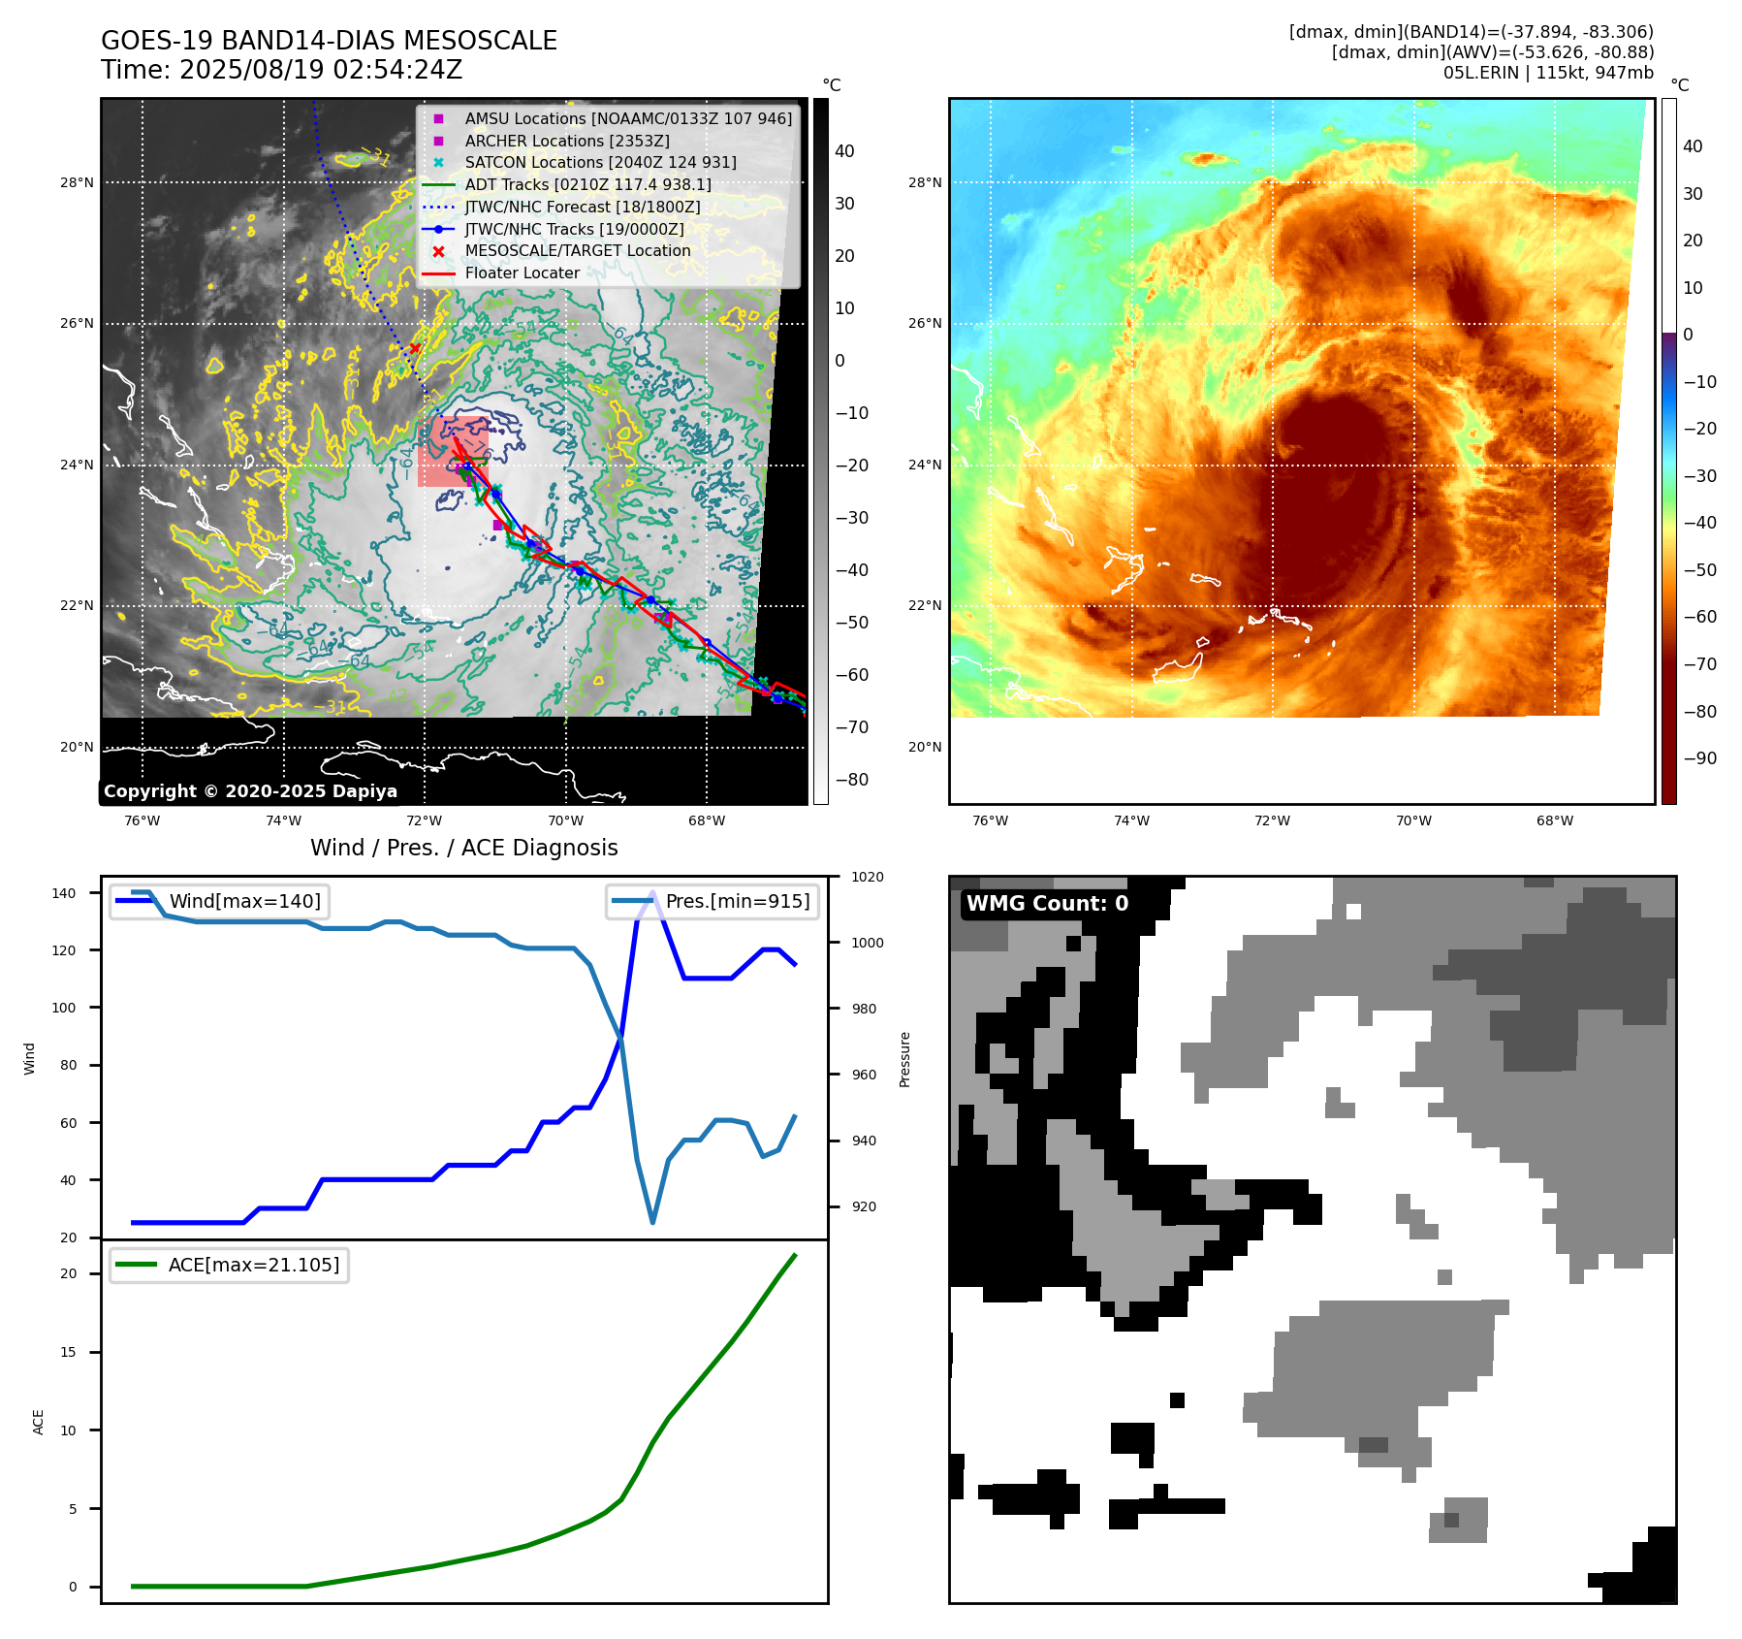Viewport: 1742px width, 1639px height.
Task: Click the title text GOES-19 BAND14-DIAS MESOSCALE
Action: [x=329, y=41]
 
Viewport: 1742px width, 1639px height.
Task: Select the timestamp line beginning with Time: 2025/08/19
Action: [x=281, y=70]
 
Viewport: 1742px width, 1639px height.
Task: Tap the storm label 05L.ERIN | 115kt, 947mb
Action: [x=1548, y=73]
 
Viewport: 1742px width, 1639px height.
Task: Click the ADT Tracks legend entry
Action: [x=587, y=184]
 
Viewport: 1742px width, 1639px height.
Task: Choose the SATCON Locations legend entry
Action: [x=600, y=162]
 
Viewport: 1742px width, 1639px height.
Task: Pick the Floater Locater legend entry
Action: [x=522, y=273]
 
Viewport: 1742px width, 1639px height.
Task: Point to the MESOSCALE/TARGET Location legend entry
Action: [x=578, y=250]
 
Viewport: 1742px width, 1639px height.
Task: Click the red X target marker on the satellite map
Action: [x=415, y=348]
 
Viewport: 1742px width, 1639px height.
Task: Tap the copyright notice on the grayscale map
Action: [x=250, y=791]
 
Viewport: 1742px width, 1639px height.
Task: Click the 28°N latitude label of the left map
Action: [x=78, y=182]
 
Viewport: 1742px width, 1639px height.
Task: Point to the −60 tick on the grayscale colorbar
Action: [x=851, y=675]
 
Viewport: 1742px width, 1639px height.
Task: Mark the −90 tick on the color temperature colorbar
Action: [x=1699, y=758]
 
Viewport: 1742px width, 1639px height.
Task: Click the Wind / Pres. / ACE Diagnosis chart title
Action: [x=463, y=848]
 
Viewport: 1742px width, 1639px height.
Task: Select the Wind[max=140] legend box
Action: [x=219, y=901]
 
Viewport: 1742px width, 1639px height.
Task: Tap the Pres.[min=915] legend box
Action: [x=713, y=901]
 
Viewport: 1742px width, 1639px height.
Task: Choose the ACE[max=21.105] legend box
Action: [x=229, y=1265]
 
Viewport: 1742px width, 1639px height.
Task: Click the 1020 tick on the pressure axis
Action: [x=867, y=877]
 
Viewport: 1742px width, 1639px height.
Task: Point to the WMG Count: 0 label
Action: [x=1047, y=904]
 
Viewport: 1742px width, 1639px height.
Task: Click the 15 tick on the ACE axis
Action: [x=68, y=1352]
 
